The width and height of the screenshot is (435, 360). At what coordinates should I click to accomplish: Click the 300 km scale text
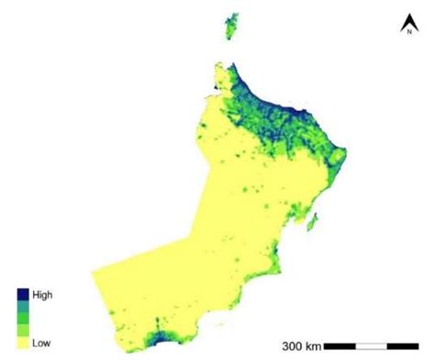pyautogui.click(x=301, y=346)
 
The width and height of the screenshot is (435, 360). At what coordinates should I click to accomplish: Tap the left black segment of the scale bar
pyautogui.click(x=340, y=346)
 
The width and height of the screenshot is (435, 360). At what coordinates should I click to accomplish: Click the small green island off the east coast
pyautogui.click(x=314, y=220)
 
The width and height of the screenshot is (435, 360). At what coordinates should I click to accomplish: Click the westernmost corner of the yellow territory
pyautogui.click(x=93, y=270)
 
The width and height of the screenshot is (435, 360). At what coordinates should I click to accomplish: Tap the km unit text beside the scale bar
pyautogui.click(x=313, y=346)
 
